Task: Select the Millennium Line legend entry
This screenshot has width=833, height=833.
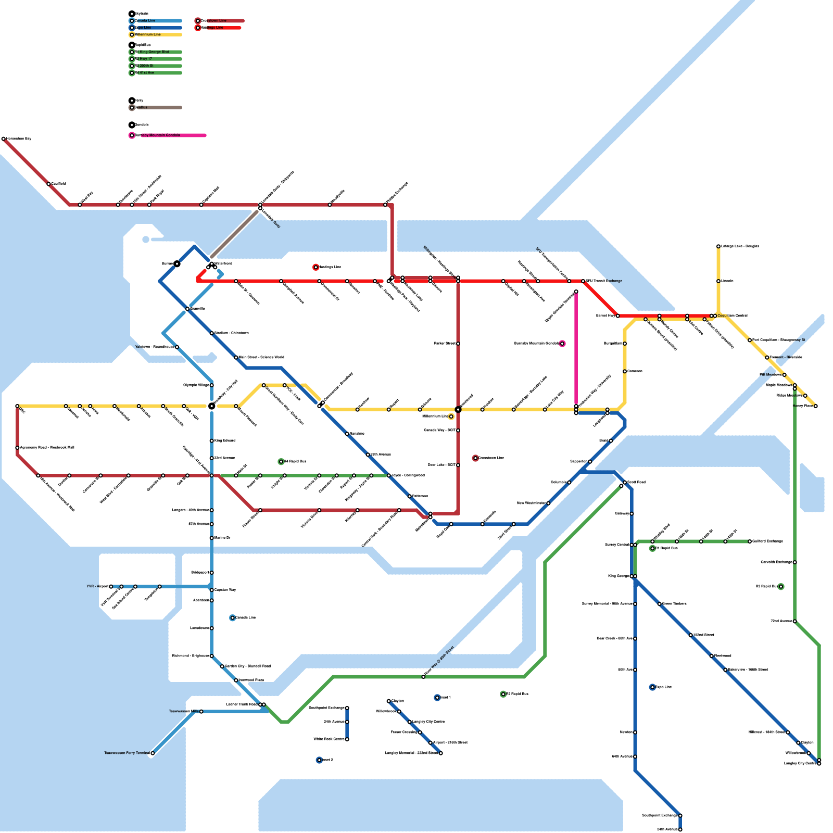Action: point(148,34)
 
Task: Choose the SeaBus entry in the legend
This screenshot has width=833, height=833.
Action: point(141,108)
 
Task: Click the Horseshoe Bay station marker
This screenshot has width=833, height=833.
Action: point(4,139)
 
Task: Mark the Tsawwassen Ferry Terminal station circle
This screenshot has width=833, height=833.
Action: point(153,753)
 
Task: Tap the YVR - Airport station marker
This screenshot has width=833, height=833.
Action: point(111,587)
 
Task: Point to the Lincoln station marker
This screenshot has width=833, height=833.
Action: point(718,281)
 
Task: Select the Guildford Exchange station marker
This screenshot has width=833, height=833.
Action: point(750,541)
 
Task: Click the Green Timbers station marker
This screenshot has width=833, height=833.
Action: point(660,604)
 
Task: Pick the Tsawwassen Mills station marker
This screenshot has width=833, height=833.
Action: point(201,712)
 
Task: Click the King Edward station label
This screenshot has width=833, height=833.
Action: point(225,440)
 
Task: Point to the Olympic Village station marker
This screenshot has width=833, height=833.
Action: point(212,385)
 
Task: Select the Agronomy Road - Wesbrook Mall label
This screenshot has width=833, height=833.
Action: point(47,447)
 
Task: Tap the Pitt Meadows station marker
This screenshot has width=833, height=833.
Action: point(785,375)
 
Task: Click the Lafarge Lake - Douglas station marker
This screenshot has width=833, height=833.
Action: point(718,246)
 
